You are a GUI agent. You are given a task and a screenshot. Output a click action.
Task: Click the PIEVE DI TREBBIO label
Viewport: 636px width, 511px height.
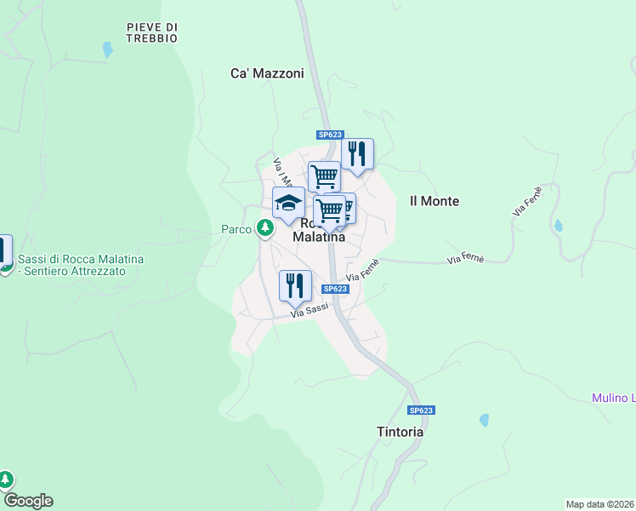(x=151, y=32)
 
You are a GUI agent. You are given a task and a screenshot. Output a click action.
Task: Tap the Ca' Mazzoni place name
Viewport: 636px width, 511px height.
(x=267, y=73)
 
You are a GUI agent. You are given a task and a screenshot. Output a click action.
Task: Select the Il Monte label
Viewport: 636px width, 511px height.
(x=434, y=201)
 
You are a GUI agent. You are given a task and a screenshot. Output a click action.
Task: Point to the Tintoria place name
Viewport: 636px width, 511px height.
(x=400, y=432)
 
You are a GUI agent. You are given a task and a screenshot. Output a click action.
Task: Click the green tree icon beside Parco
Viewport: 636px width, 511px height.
(x=266, y=228)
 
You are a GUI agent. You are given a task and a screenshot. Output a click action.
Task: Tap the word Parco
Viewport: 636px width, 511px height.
(x=236, y=229)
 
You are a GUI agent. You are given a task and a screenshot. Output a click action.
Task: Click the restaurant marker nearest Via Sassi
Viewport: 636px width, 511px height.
(x=295, y=286)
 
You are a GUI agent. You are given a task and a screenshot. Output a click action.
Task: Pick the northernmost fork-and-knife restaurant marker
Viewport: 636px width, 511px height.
(x=358, y=154)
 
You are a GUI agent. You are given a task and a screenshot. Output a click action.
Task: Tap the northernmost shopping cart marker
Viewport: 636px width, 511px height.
(x=324, y=176)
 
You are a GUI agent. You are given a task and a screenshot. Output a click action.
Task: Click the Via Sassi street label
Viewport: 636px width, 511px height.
(x=309, y=313)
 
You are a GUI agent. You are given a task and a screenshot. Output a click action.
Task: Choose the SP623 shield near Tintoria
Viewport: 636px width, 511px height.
(x=421, y=411)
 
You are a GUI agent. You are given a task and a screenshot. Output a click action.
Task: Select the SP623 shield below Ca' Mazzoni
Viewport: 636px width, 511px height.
(x=330, y=135)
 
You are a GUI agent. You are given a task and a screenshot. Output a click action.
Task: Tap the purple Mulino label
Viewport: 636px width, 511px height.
(x=613, y=398)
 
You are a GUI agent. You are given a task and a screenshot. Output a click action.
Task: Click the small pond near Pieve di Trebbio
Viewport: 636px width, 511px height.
(x=107, y=49)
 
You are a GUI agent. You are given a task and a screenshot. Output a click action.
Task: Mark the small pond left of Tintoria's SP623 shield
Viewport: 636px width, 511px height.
(x=484, y=420)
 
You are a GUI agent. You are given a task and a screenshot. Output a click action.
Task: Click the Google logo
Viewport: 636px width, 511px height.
(x=27, y=501)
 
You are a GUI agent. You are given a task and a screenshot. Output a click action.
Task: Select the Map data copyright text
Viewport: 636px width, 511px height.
(x=599, y=503)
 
